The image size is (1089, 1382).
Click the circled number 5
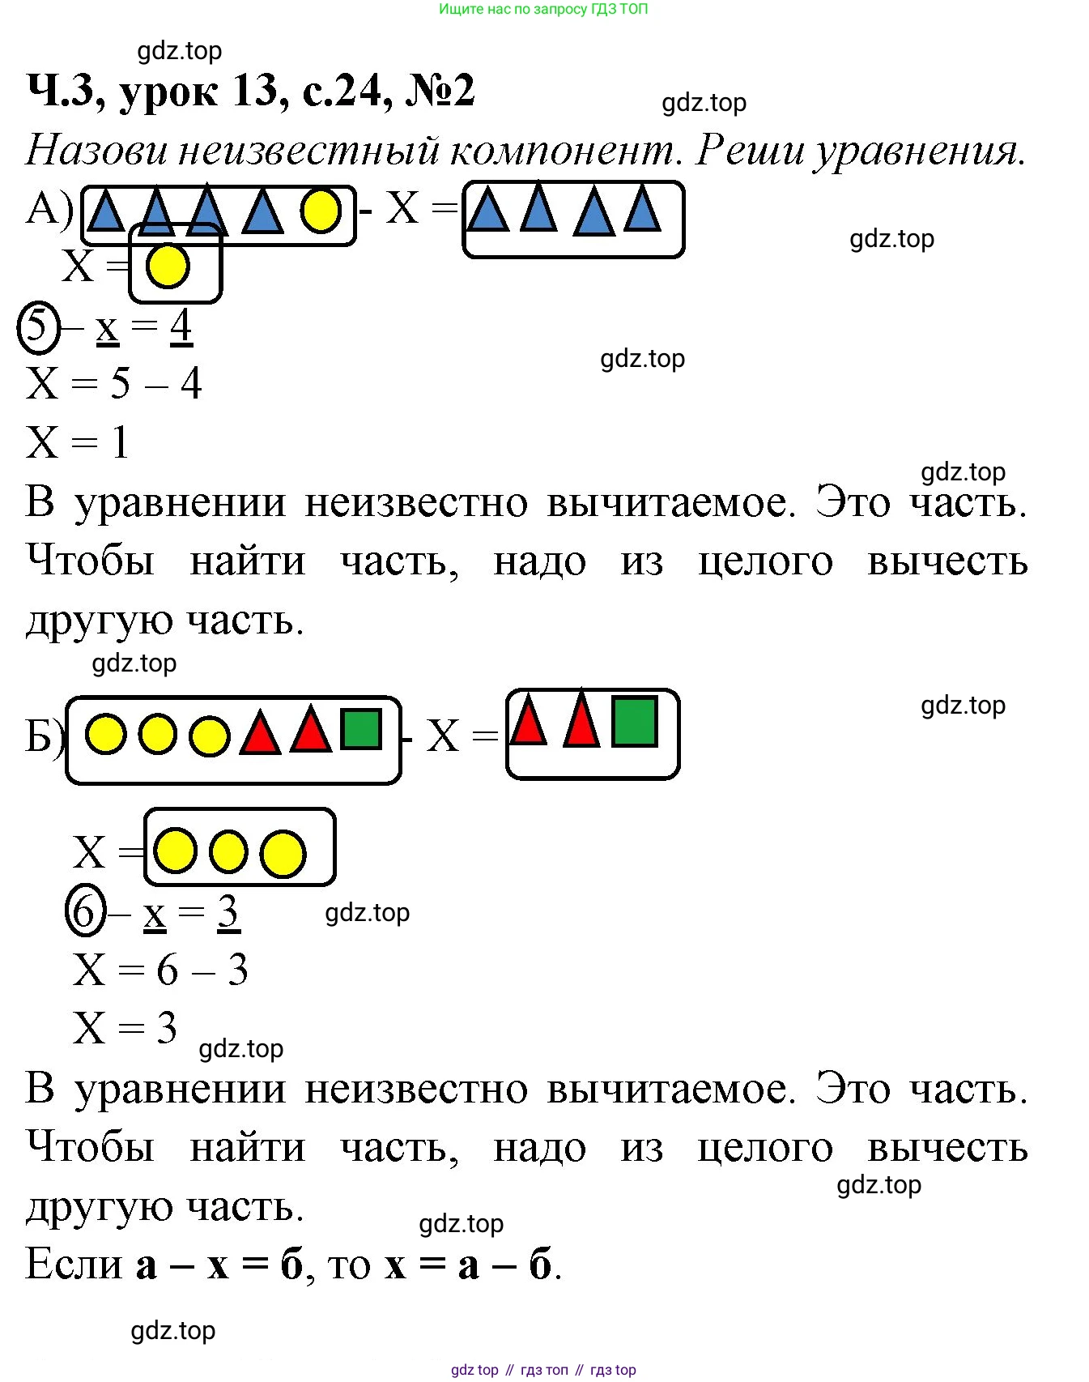pyautogui.click(x=39, y=328)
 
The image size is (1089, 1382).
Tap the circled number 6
pyautogui.click(x=86, y=912)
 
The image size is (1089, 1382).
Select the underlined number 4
pyautogui.click(x=181, y=326)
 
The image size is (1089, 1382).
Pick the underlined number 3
pyautogui.click(x=228, y=912)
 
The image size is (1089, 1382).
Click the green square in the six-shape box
pyautogui.click(x=361, y=729)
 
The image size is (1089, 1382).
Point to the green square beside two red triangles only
pyautogui.click(x=635, y=721)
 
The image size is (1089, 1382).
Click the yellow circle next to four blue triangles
pyautogui.click(x=321, y=211)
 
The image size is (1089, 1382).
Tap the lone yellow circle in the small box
pyautogui.click(x=168, y=266)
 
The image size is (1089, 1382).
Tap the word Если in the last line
pyautogui.click(x=74, y=1264)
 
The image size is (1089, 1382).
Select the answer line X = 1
pyautogui.click(x=78, y=442)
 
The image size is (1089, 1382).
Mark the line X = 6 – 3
pyautogui.click(x=160, y=970)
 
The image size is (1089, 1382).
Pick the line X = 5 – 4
pyautogui.click(x=113, y=383)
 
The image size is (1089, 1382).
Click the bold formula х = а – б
pyautogui.click(x=469, y=1264)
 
